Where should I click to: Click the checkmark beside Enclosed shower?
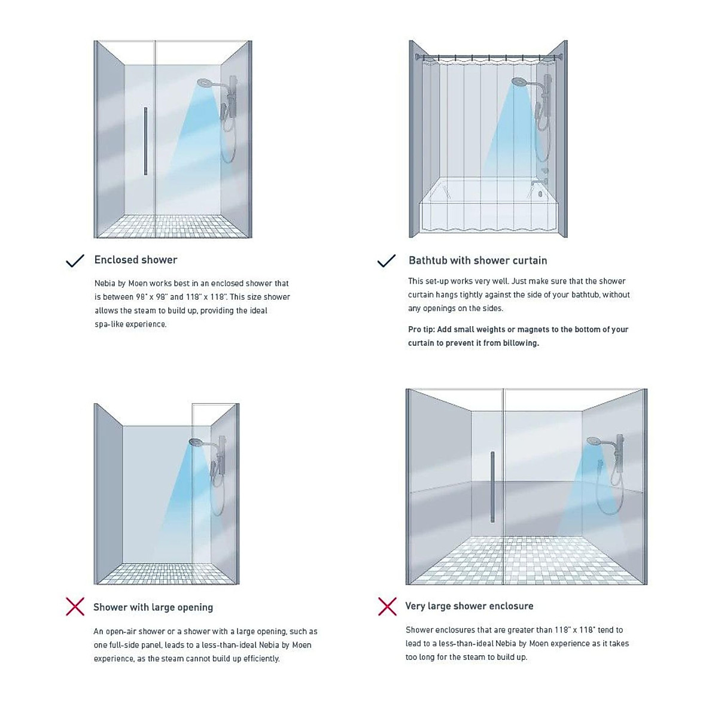tap(75, 261)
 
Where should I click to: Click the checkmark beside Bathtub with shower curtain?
tap(387, 261)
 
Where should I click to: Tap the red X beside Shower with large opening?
tap(75, 607)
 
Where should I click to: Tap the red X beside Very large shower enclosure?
tap(387, 606)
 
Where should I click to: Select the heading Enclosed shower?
tap(136, 260)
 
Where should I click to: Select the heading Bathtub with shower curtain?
tap(477, 260)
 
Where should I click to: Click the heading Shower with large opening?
tap(153, 607)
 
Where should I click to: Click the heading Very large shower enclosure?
tap(469, 606)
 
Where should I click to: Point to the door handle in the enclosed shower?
tap(145, 141)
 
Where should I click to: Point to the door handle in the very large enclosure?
tap(492, 486)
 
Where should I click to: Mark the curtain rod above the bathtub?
tap(488, 58)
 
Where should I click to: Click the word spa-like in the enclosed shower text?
tap(109, 324)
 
